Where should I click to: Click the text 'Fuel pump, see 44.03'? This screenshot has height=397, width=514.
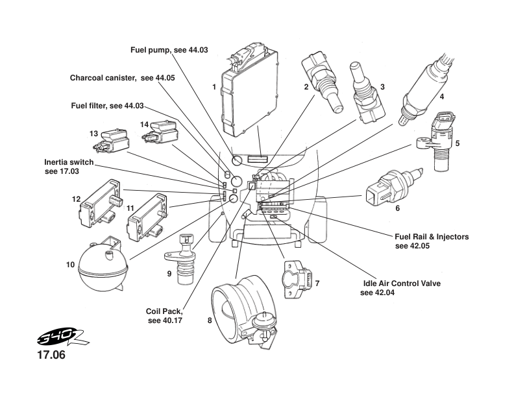pos(161,49)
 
